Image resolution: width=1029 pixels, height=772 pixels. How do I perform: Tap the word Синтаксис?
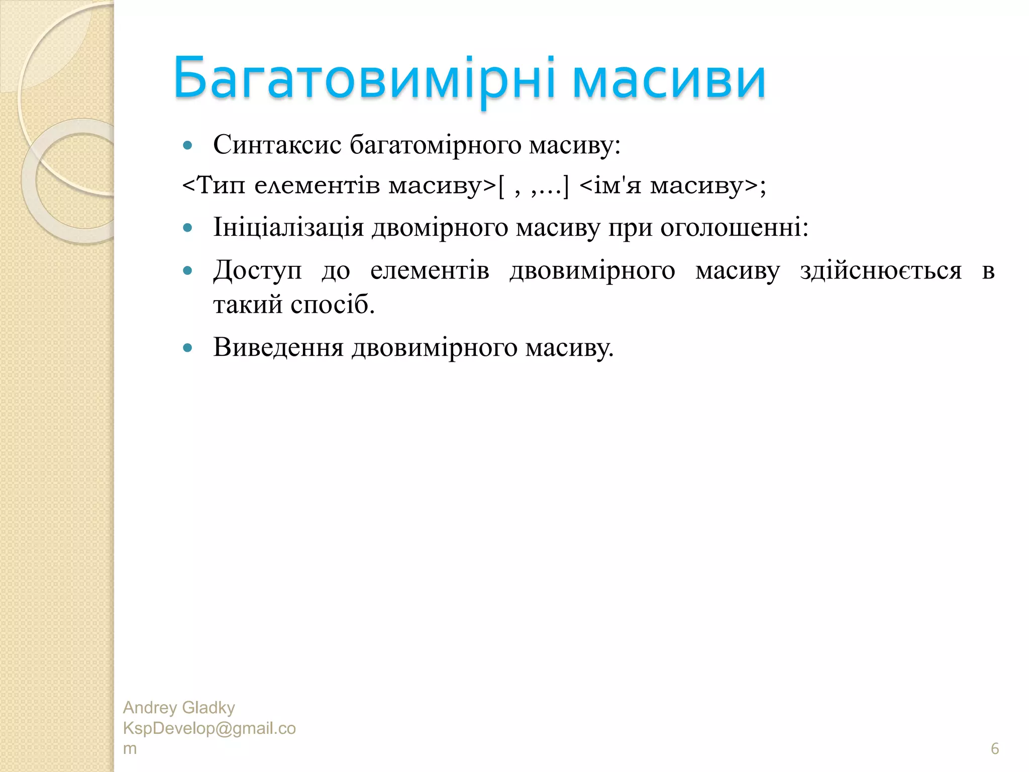click(x=277, y=145)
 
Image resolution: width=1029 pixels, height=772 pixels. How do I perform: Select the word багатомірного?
click(x=436, y=146)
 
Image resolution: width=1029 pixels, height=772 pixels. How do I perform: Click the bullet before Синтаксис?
click(x=188, y=146)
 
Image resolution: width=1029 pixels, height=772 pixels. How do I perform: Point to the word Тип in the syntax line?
click(x=222, y=185)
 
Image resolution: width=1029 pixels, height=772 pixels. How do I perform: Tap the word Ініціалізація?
click(x=288, y=228)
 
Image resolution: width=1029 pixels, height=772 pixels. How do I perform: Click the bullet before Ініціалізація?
click(x=188, y=228)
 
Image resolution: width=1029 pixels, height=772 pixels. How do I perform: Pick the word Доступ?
click(x=257, y=271)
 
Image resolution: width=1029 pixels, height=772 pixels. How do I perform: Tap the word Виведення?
click(x=278, y=347)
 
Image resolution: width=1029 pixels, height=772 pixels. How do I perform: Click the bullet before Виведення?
click(x=188, y=348)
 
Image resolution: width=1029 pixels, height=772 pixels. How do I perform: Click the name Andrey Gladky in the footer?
click(x=179, y=708)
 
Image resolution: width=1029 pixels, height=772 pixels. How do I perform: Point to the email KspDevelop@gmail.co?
click(x=209, y=728)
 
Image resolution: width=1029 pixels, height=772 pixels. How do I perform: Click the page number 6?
click(x=994, y=748)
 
